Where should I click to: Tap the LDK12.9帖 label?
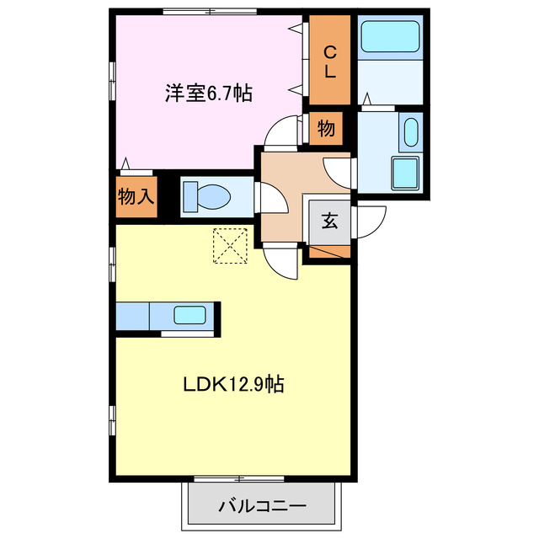[233, 386]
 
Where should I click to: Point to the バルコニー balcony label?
[262, 506]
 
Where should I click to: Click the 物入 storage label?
[135, 197]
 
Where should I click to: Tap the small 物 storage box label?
[326, 129]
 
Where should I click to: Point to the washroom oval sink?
[411, 133]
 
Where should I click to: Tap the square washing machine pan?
[405, 174]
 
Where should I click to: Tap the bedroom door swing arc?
[280, 133]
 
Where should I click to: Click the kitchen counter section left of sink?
[133, 316]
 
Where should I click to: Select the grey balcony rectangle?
[262, 506]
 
